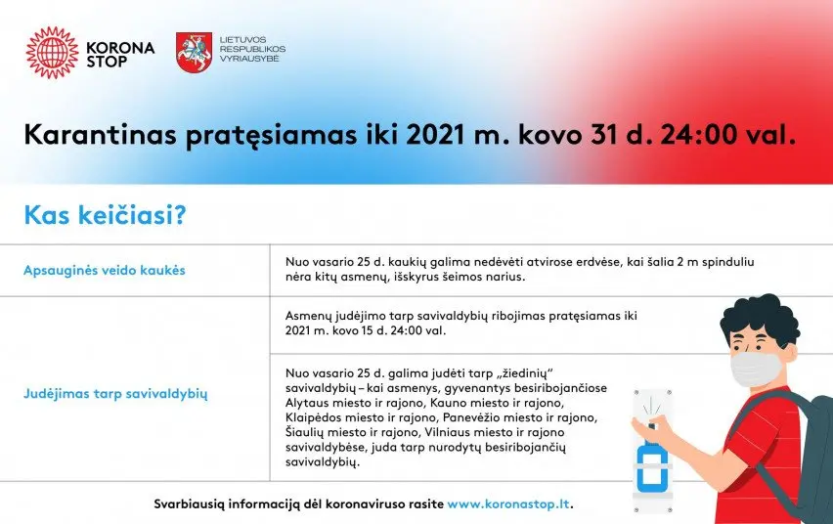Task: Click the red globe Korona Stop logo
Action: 52,53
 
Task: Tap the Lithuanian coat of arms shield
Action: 194,53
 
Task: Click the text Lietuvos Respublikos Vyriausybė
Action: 252,49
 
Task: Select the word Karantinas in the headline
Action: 100,135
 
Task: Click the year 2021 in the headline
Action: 436,135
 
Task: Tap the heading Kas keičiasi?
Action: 106,215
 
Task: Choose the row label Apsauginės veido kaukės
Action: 104,270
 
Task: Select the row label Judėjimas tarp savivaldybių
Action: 115,394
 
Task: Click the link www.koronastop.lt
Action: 508,503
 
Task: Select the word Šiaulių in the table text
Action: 304,432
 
